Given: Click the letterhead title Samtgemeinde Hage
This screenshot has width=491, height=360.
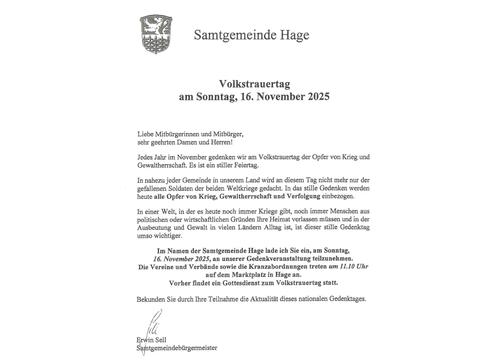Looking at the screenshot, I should pyautogui.click(x=252, y=35).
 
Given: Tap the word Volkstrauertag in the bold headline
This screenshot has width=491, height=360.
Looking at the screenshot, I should pyautogui.click(x=254, y=84).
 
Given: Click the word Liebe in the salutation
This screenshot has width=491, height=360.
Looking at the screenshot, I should pyautogui.click(x=146, y=134).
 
